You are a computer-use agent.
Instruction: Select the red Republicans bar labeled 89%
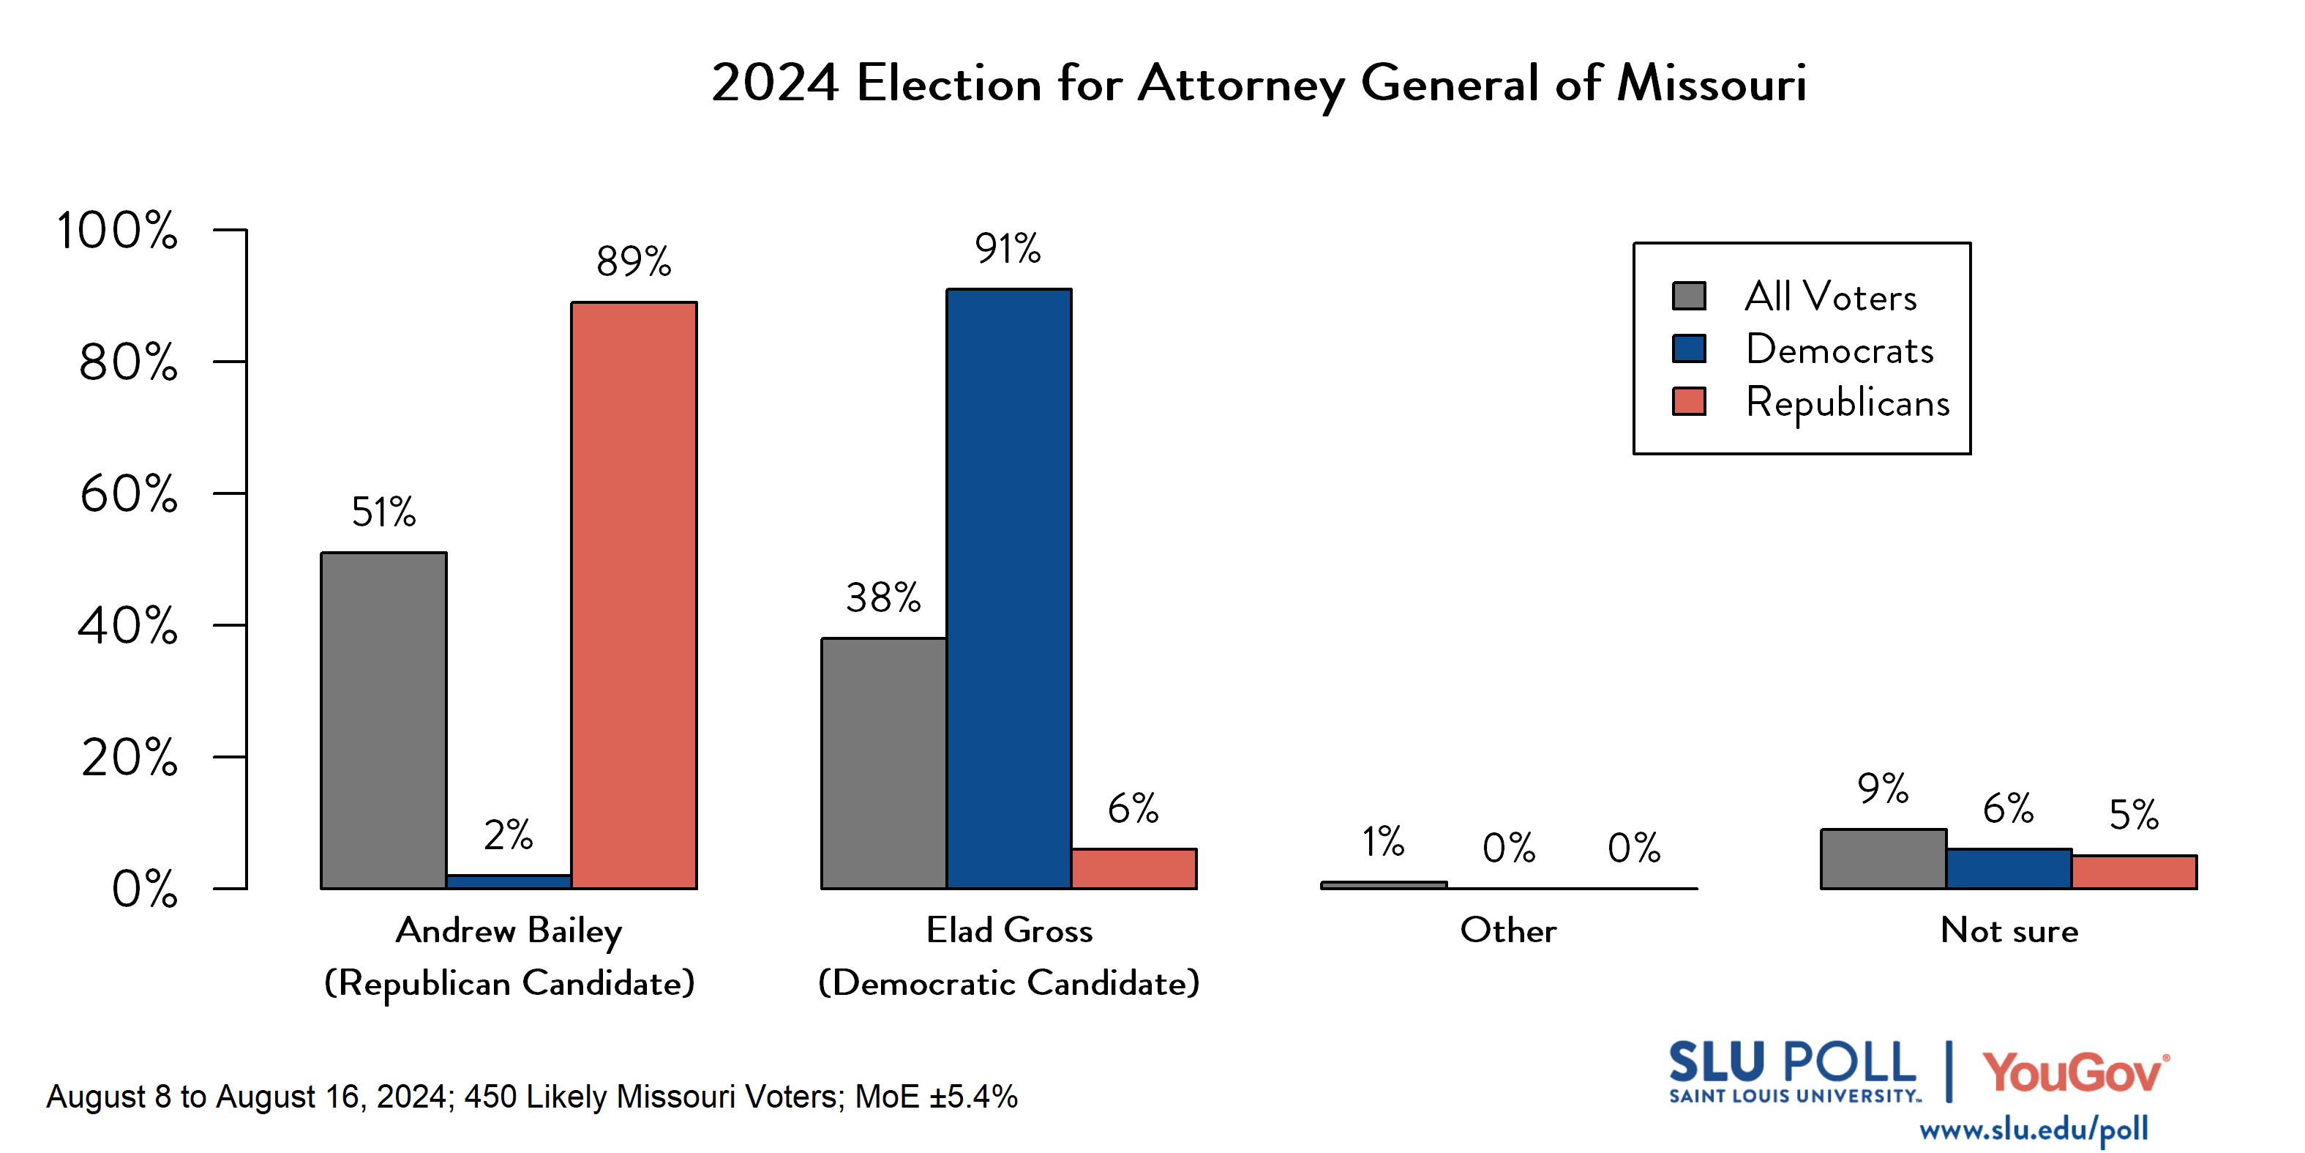pos(634,595)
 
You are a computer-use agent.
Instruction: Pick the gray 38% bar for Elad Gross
pos(883,763)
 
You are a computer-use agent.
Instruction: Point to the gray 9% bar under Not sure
pos(1883,859)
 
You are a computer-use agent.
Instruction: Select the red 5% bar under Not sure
pos(2133,872)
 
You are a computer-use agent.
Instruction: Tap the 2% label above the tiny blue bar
pos(509,835)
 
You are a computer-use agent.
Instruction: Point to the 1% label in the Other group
pos(1382,841)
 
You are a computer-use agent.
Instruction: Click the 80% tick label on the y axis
pos(128,362)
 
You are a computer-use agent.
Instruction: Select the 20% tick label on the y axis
pos(129,758)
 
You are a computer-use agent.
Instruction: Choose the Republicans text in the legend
pos(1847,402)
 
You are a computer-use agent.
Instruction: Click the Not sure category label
pos(2009,930)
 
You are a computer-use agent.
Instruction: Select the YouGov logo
pos(2075,1072)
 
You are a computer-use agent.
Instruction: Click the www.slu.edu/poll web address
pos(2033,1130)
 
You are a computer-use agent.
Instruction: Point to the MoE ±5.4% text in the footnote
pos(936,1097)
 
